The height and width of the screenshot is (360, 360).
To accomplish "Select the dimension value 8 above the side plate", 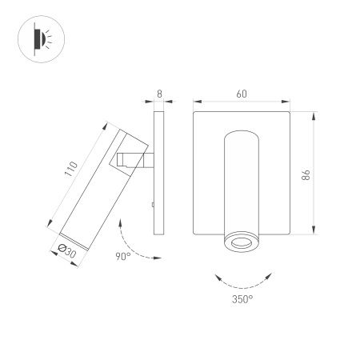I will [x=159, y=94].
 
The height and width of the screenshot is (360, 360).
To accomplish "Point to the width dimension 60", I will [x=242, y=94].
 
